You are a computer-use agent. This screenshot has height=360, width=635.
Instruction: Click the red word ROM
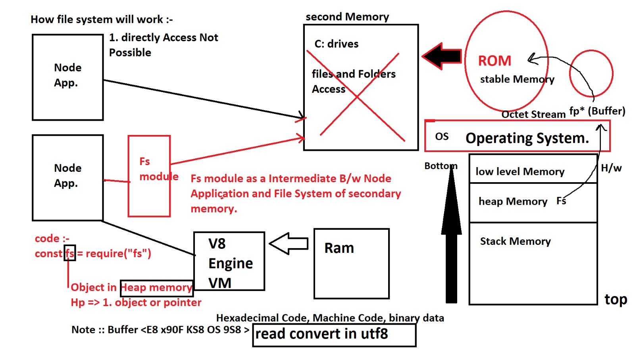point(495,61)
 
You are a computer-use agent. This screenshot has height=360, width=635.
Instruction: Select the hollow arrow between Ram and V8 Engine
point(289,243)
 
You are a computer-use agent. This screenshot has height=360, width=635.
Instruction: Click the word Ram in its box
point(339,248)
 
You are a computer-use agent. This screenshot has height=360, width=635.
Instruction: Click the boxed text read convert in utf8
point(322,334)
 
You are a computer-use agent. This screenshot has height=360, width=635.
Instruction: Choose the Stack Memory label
point(515,241)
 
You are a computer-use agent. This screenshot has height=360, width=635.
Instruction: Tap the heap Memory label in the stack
point(513,202)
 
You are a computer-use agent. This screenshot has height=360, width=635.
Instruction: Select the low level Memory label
point(520,171)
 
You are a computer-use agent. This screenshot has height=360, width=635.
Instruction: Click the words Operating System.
point(527,138)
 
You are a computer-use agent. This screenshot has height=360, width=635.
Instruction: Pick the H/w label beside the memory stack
point(611,168)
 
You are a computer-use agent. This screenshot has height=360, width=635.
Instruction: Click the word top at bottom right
point(616,300)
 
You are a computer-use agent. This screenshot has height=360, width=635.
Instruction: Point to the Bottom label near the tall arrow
point(441,166)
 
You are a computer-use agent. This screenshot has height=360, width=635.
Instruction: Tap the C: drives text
point(336,44)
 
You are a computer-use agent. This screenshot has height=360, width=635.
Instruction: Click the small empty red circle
point(591,73)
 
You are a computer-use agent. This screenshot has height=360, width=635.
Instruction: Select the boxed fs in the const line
point(70,253)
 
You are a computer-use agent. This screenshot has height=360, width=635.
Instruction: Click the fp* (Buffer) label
point(597,111)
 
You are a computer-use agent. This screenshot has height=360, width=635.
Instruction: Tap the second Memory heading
point(347,17)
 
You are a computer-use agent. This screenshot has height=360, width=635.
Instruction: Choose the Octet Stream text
point(533,114)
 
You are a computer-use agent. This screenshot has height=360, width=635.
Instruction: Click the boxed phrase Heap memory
point(156,287)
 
